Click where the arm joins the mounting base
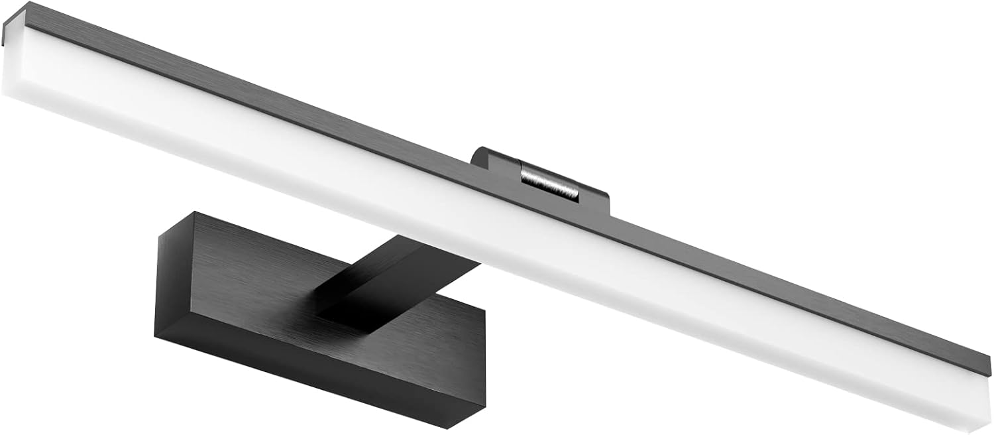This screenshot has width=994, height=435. coord(331,292)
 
